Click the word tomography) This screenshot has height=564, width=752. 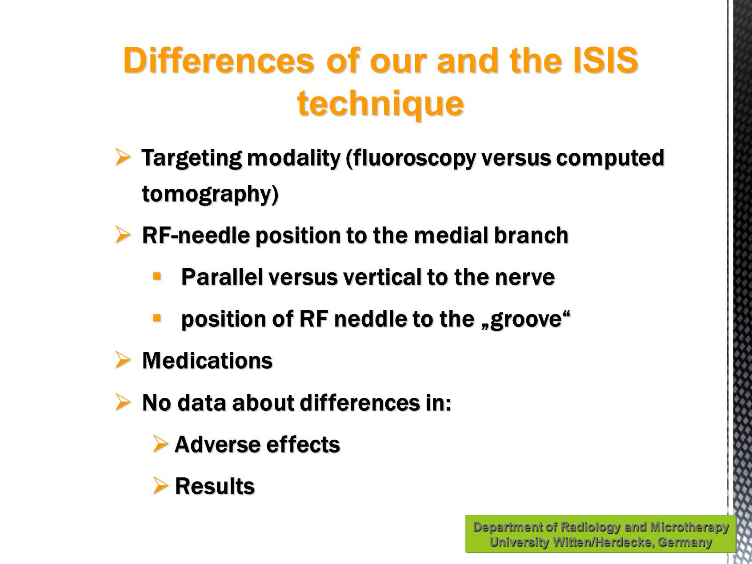[x=210, y=195]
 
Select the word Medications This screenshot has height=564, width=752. [x=207, y=360]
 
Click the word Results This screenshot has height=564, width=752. [x=215, y=486]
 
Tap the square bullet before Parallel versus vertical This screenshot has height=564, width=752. [x=156, y=276]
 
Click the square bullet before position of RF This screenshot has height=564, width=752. [x=156, y=318]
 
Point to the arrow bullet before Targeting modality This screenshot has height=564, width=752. [x=123, y=157]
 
